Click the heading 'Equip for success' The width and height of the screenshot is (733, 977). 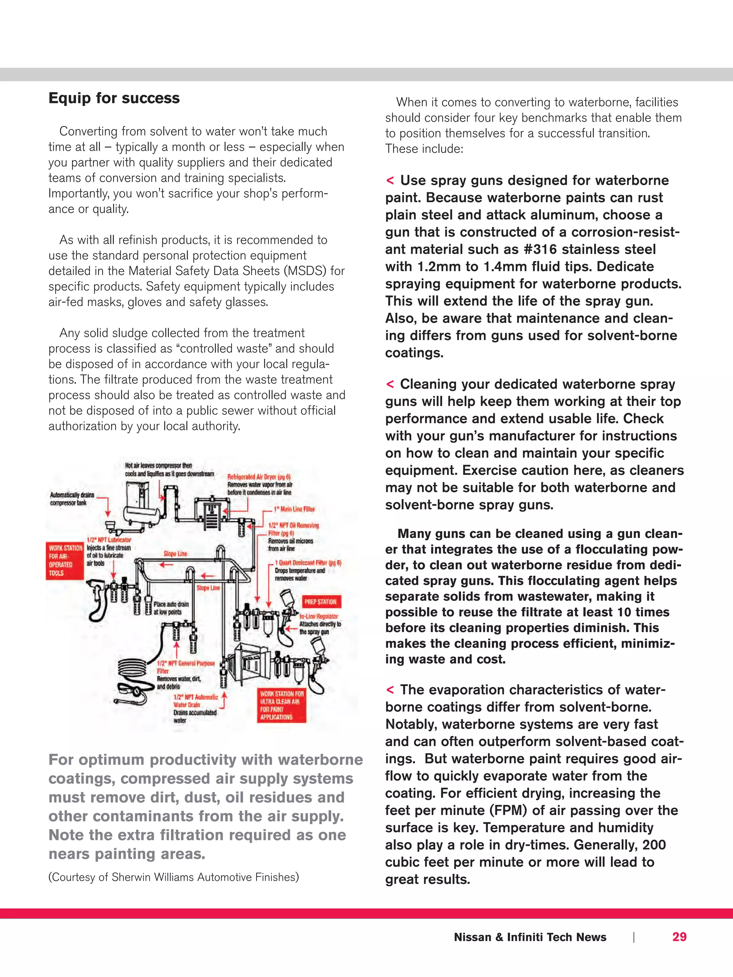point(114,98)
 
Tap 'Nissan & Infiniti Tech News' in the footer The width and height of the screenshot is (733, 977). point(530,937)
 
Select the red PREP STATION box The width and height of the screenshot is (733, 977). point(320,602)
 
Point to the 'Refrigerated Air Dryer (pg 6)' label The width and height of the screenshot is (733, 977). point(258,477)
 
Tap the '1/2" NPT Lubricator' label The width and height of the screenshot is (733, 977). point(109,540)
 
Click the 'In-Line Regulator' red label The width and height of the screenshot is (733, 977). point(319,616)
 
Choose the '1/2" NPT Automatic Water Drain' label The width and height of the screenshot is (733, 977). point(195,700)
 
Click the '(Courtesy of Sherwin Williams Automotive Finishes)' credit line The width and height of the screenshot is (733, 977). point(173,877)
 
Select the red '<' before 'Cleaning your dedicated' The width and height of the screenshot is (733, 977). point(390,384)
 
